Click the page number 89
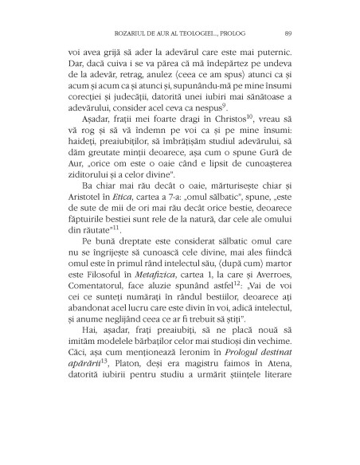(x=287, y=33)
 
